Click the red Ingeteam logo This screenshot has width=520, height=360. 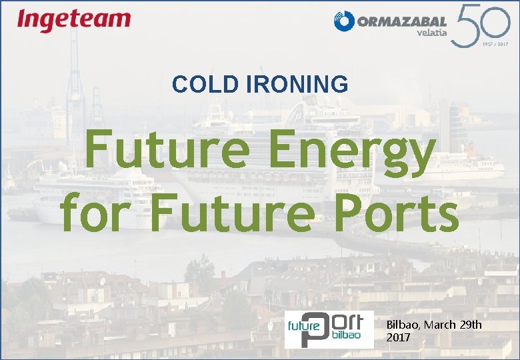click(73, 20)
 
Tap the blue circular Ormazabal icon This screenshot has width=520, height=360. click(344, 22)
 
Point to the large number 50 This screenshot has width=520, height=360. click(479, 24)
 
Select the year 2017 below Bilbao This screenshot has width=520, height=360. click(398, 337)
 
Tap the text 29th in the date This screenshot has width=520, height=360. click(471, 325)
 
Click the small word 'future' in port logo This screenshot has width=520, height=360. click(300, 327)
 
